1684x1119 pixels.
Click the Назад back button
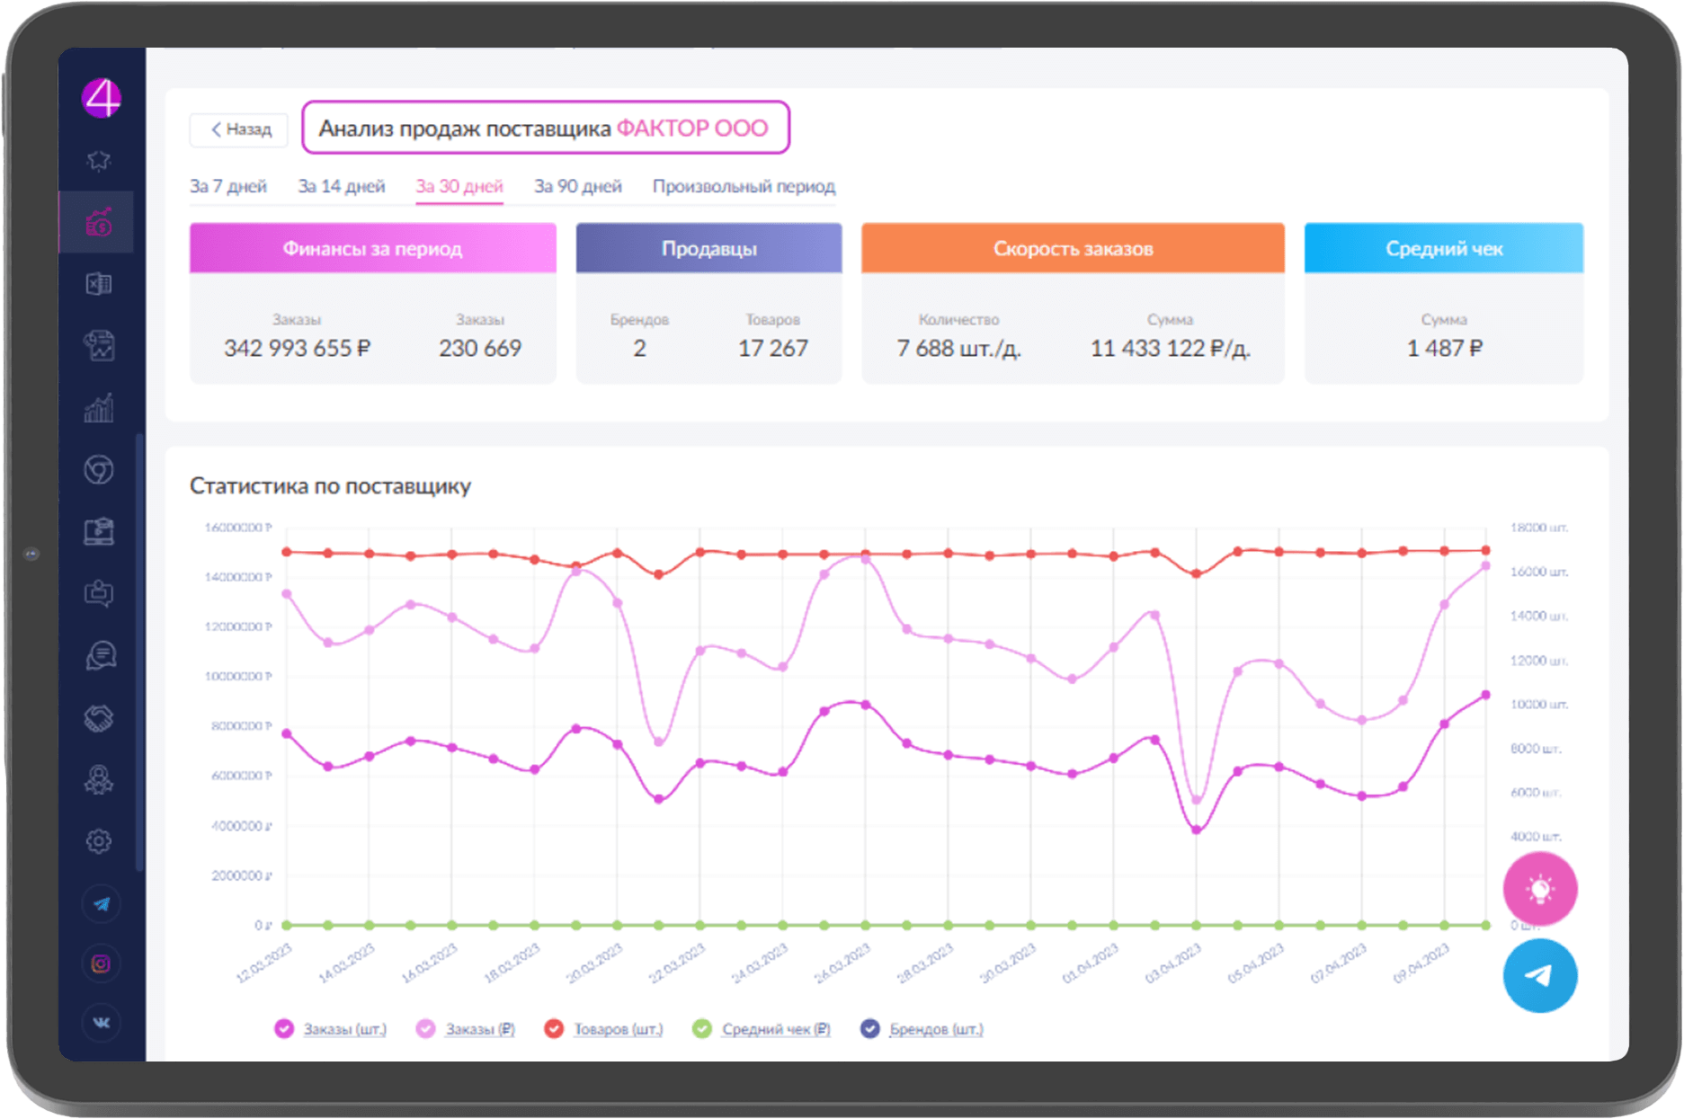coord(239,129)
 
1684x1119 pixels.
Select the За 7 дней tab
coord(228,186)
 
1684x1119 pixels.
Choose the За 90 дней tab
coord(578,186)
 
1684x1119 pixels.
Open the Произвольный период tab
coord(744,186)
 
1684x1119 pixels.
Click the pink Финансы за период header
coord(372,249)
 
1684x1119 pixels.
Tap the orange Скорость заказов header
coord(1073,249)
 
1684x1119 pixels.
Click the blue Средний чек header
coord(1443,249)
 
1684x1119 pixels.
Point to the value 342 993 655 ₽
coord(297,348)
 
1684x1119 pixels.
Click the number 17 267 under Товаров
coord(772,348)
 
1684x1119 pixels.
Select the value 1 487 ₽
coord(1444,348)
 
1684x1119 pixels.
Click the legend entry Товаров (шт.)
coord(618,1029)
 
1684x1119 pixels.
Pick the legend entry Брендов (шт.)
coord(935,1029)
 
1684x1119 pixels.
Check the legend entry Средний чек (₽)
coord(775,1029)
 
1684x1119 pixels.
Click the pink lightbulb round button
coord(1540,889)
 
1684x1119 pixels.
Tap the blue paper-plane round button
coord(1540,975)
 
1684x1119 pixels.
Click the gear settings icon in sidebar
coord(99,841)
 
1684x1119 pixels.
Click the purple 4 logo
coord(102,98)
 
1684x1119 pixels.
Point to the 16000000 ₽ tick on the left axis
coord(238,528)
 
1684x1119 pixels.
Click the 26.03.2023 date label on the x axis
coord(843,963)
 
